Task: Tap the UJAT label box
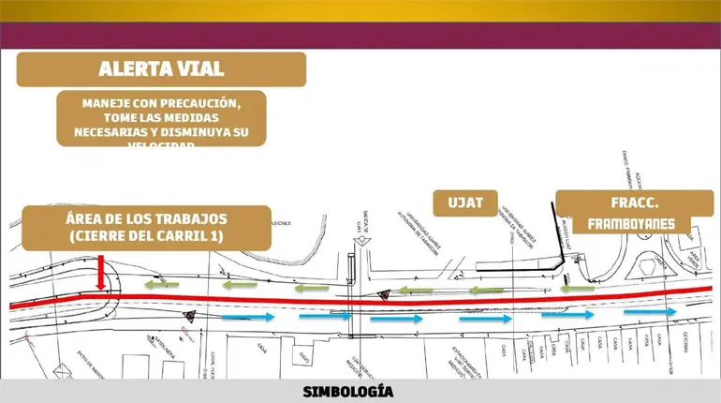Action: point(465,203)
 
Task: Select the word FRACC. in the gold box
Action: point(624,203)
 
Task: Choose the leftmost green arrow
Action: point(156,282)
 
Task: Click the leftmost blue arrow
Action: point(249,318)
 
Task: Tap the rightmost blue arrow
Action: point(658,311)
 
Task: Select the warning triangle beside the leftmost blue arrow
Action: point(190,317)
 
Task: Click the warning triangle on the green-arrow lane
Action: point(382,294)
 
